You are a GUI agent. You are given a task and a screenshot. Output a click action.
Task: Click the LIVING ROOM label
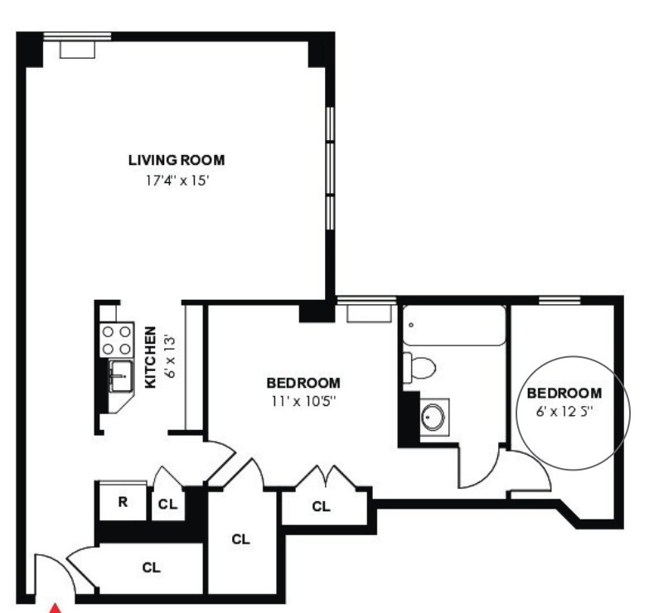(x=177, y=160)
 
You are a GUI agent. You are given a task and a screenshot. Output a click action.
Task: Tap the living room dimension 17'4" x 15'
(x=176, y=181)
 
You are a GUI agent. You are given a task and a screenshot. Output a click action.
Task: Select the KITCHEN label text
(x=150, y=357)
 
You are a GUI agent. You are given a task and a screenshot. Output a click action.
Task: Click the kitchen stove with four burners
(x=117, y=340)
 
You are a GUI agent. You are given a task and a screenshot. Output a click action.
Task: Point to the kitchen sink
(x=121, y=375)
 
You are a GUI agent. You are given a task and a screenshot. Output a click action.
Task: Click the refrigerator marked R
(x=123, y=502)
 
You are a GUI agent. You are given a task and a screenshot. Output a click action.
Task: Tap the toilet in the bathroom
(x=419, y=367)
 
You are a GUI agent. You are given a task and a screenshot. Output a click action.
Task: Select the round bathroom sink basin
(x=433, y=417)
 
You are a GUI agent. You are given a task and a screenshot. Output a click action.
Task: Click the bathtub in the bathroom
(x=454, y=325)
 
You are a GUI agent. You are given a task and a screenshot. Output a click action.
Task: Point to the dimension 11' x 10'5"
(x=303, y=401)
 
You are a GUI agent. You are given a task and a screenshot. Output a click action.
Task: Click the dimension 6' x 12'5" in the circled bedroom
(x=564, y=412)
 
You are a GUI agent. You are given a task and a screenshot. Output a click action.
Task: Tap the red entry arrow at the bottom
(x=56, y=609)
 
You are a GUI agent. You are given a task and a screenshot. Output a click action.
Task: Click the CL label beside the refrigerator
(x=167, y=504)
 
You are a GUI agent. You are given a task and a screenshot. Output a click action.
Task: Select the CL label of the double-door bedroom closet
(x=322, y=506)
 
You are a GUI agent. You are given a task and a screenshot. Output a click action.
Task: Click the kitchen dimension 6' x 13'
(x=170, y=357)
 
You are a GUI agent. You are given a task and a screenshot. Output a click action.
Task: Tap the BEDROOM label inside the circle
(x=564, y=393)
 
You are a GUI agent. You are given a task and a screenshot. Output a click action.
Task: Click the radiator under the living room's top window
(x=77, y=50)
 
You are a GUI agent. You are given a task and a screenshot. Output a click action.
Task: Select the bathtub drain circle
(x=411, y=325)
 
